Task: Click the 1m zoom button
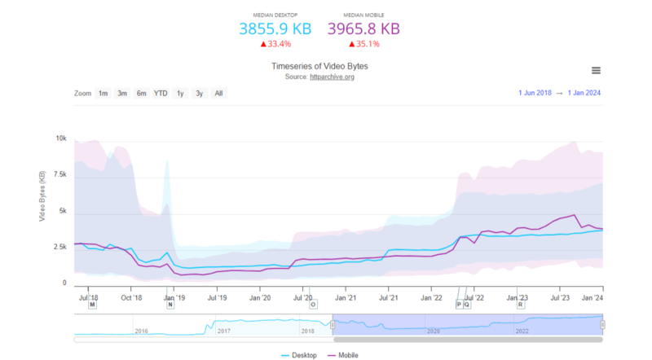(103, 94)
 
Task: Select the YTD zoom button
(161, 94)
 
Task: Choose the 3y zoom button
(199, 94)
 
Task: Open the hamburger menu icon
(596, 71)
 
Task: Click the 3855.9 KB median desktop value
(275, 29)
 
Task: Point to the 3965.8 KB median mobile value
(363, 29)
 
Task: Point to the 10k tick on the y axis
(61, 138)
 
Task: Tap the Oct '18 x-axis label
(132, 297)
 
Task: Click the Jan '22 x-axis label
(432, 297)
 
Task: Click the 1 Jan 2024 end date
(584, 94)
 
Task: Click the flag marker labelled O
(313, 305)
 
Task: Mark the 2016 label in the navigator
(141, 331)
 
